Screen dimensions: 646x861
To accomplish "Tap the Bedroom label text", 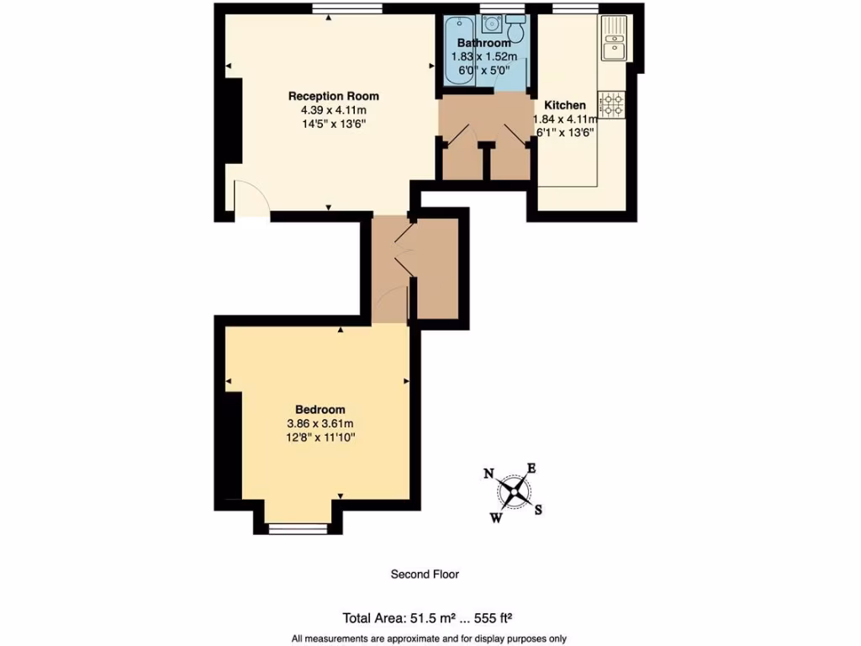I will click(320, 410).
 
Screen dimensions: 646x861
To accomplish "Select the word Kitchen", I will click(565, 105).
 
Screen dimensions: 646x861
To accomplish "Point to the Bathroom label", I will click(483, 43).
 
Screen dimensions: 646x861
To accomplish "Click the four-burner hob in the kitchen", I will click(611, 105).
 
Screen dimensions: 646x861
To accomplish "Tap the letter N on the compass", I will click(489, 474).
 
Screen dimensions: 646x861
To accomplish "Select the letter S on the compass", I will click(539, 509).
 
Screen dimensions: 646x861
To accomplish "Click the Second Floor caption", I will click(425, 575).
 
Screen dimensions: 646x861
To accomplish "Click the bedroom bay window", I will click(298, 528).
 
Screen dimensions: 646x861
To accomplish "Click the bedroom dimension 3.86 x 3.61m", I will click(320, 424).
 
